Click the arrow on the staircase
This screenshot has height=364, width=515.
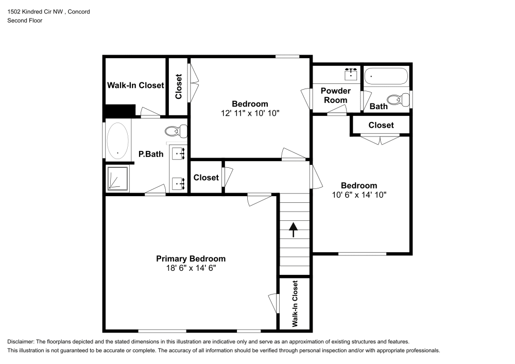(294, 230)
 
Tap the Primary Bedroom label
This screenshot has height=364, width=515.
(191, 258)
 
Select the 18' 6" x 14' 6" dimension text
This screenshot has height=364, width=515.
(191, 268)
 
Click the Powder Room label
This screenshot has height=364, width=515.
(335, 95)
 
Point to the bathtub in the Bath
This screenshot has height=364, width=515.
(386, 77)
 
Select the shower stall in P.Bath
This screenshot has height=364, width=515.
(117, 178)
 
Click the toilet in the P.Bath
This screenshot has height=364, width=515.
(176, 131)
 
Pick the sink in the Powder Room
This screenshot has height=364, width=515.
(351, 74)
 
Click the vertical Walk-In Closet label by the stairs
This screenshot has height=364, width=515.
(295, 304)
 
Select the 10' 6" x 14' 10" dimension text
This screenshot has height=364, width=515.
(358, 195)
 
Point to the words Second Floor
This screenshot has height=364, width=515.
(25, 21)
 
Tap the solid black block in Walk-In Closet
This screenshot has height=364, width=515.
(119, 111)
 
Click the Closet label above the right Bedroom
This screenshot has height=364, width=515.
(381, 125)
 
